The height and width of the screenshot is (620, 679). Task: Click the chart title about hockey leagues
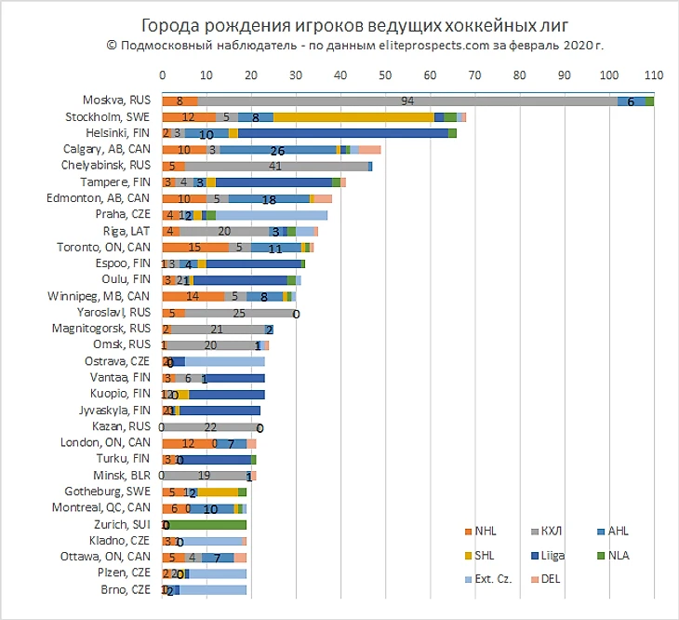tap(339, 23)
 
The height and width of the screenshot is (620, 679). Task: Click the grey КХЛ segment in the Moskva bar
tap(407, 101)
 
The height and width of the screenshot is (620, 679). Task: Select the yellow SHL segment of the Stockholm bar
tap(353, 117)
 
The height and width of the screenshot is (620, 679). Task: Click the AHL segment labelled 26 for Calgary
tap(277, 149)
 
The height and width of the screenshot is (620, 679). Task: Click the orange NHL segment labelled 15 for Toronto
tap(195, 247)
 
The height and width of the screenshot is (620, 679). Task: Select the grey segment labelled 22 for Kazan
tap(211, 426)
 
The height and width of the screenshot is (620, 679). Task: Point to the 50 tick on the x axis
tap(386, 74)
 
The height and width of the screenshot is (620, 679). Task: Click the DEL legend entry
tap(550, 579)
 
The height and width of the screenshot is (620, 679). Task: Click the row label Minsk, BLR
tap(129, 475)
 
